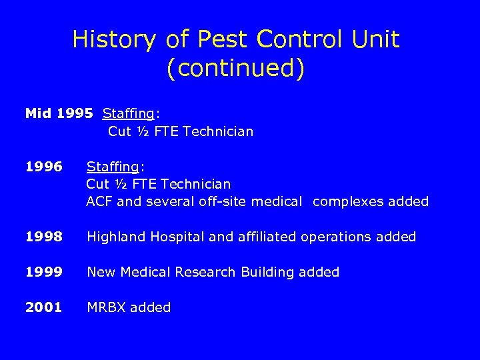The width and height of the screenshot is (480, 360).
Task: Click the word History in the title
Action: coord(113,40)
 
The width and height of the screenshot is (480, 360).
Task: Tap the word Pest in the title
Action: coord(219,40)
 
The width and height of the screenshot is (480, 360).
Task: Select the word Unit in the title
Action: coord(376,40)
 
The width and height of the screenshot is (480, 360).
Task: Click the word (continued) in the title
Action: coord(236,69)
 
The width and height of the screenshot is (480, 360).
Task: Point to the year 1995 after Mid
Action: coord(75,113)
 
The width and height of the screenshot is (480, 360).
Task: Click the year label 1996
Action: coord(43,165)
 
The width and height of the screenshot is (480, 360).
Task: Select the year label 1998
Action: coord(43,237)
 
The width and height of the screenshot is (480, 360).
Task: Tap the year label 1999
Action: coord(43,272)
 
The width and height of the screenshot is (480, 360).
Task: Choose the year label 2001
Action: coord(43,307)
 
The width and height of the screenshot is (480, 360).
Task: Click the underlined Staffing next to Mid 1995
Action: coord(129,114)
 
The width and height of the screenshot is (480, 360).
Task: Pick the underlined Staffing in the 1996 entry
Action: coord(113,166)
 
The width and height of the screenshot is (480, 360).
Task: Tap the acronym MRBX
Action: coord(107,307)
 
